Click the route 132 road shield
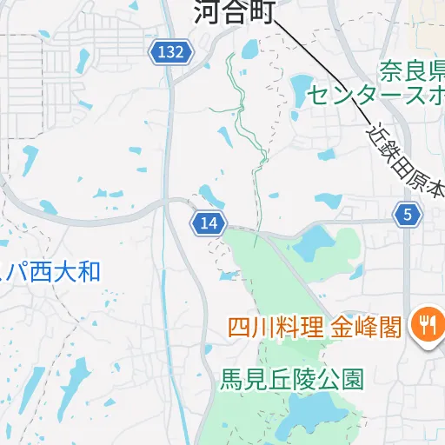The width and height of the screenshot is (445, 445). point(170,52)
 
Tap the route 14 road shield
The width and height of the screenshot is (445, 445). point(209,223)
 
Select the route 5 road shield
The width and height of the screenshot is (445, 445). point(407,215)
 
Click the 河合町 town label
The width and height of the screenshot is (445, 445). point(234,12)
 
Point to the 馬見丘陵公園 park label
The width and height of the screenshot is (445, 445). point(291,380)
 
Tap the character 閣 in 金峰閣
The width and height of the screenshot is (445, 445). point(389,328)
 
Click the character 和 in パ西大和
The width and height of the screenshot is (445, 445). point(90,271)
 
